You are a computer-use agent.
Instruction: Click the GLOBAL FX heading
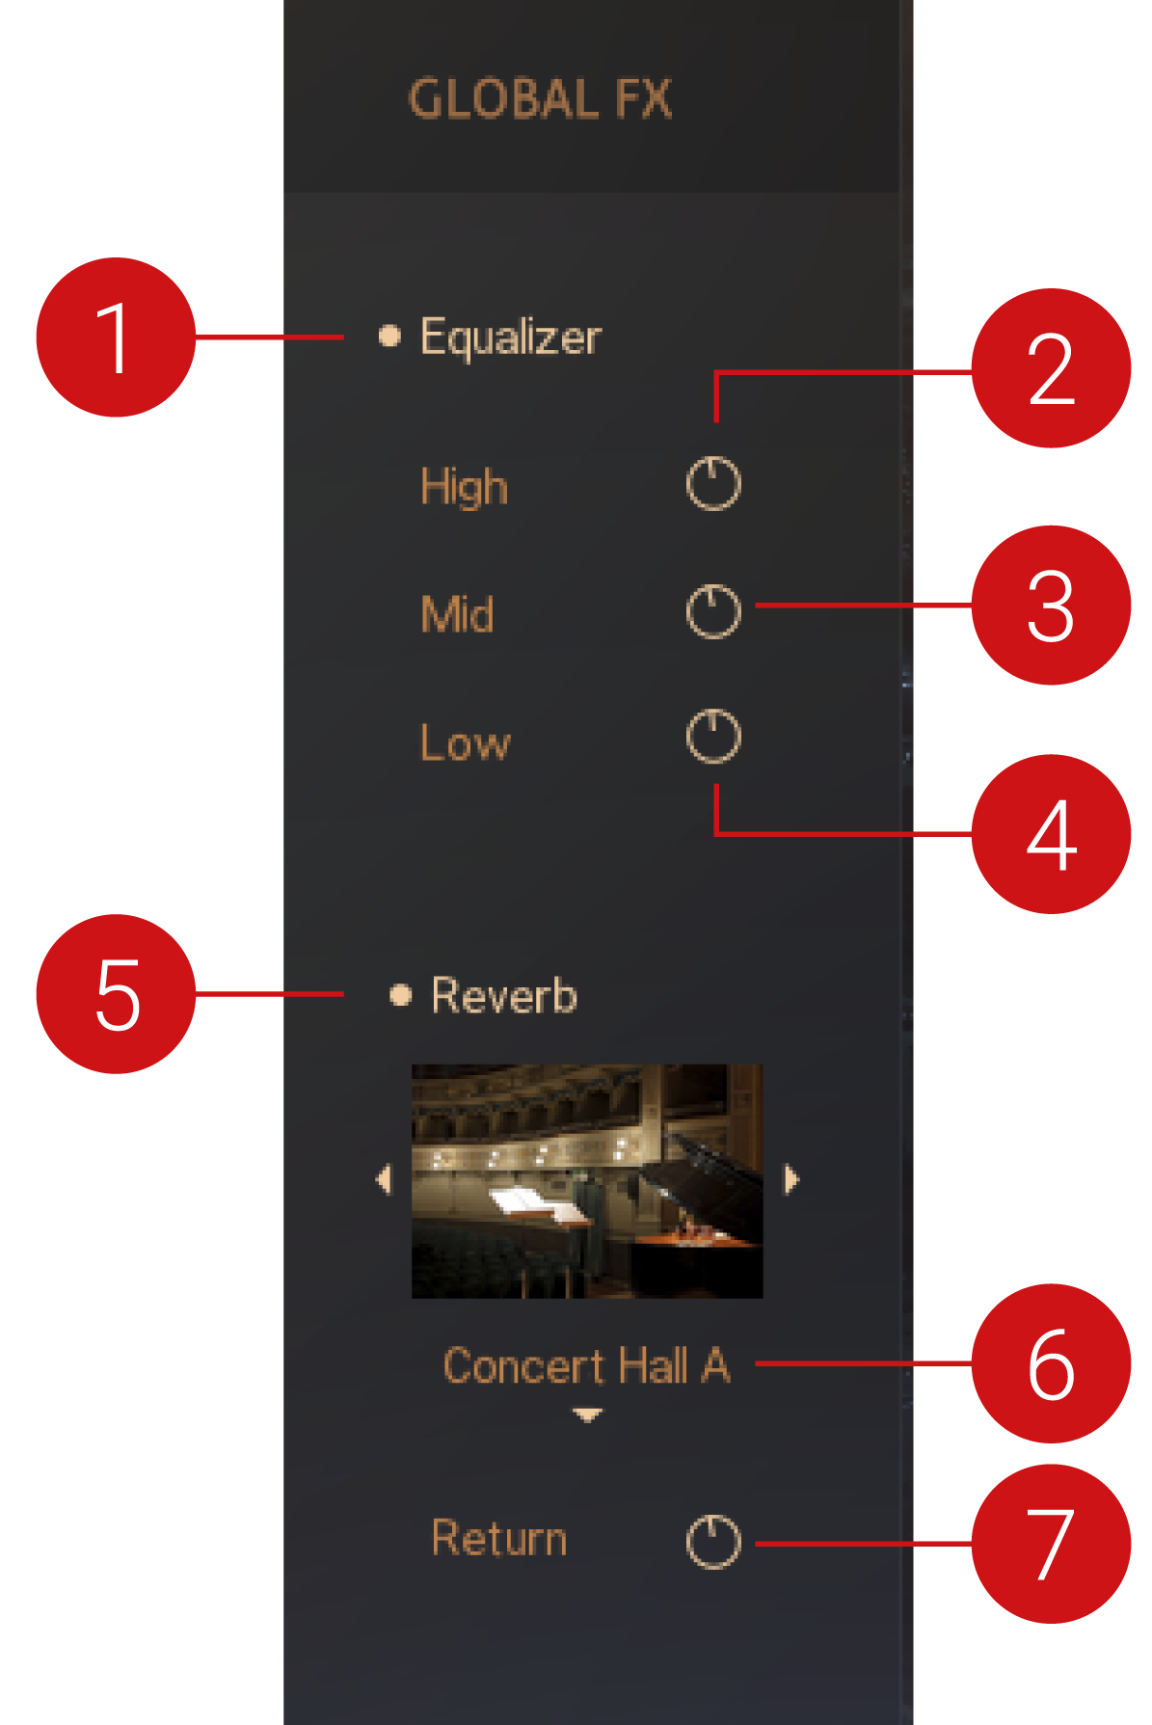tap(540, 99)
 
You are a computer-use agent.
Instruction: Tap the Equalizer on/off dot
tap(389, 337)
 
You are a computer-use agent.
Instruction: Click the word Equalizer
tap(510, 337)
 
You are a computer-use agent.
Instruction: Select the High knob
tap(713, 483)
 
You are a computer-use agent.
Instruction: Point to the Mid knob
tap(713, 611)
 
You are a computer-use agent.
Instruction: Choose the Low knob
tap(713, 737)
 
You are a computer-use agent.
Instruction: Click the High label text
tap(464, 486)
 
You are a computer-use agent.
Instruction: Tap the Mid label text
tap(457, 614)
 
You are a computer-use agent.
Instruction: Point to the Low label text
tap(465, 742)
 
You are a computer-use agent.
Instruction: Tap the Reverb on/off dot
tap(400, 994)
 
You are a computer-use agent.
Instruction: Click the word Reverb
tap(503, 995)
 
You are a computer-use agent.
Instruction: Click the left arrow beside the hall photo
tap(385, 1178)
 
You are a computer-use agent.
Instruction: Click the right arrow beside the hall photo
tap(790, 1178)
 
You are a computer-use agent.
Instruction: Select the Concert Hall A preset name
tap(586, 1365)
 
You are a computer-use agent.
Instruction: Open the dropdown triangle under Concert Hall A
tap(587, 1415)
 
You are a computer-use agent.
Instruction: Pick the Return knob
tap(713, 1542)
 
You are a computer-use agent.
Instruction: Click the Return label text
tap(498, 1538)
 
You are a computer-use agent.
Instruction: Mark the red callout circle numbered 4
tap(1051, 834)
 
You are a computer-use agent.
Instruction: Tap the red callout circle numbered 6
tap(1051, 1363)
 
